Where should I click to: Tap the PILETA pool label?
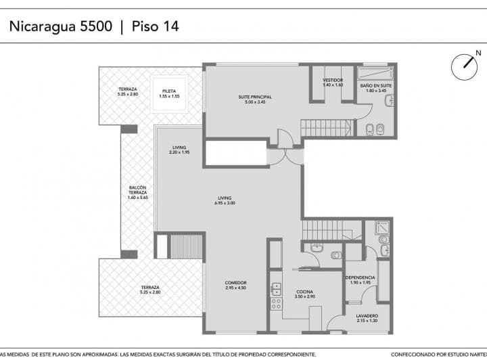click(x=169, y=93)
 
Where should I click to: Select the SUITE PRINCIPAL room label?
click(x=255, y=99)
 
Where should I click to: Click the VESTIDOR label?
click(x=333, y=83)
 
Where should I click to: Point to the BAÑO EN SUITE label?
click(x=376, y=88)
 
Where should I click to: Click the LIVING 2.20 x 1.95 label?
click(x=179, y=150)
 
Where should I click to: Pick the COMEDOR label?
click(x=236, y=285)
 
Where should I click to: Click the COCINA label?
click(x=306, y=294)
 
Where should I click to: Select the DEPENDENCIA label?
click(x=360, y=281)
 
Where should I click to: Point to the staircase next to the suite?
click(x=327, y=127)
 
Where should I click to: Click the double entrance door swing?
click(x=285, y=156)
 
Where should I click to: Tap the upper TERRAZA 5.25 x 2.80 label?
click(x=128, y=91)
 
